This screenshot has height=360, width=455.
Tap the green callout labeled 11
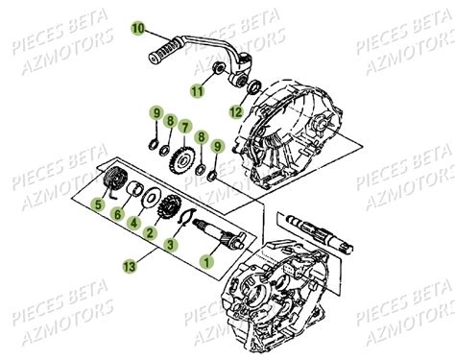coord(196,91)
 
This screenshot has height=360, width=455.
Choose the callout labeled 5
coord(96,204)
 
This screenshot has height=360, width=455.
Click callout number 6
coord(117,217)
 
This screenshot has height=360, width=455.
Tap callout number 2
coord(151,231)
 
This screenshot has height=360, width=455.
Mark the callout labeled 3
coord(171,246)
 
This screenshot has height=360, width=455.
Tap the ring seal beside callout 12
coord(254,90)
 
